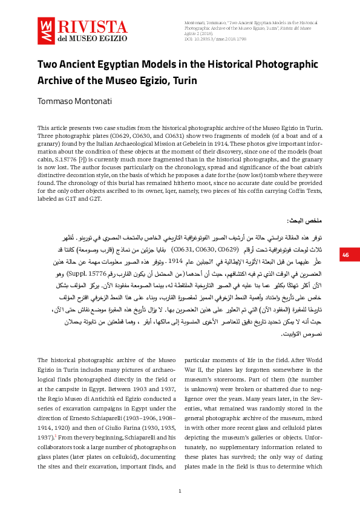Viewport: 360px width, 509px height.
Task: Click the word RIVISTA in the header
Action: point(91,27)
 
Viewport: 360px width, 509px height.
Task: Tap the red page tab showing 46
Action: point(346,255)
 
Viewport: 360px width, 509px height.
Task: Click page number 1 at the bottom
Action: point(180,490)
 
